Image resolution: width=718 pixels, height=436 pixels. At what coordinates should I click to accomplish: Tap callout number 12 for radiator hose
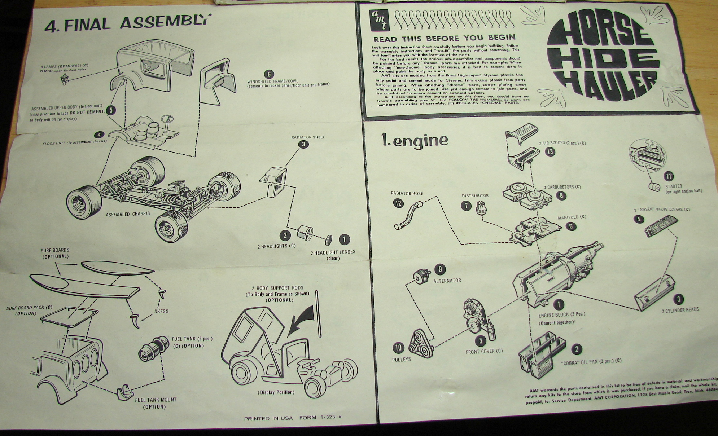click(x=398, y=203)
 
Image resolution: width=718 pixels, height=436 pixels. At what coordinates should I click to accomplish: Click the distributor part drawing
click(x=480, y=208)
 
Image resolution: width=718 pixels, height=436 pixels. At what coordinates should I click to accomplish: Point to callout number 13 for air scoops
click(x=550, y=152)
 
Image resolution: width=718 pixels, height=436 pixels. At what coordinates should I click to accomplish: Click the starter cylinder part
click(x=654, y=187)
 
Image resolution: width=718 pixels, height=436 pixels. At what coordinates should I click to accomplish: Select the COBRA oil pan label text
click(x=591, y=361)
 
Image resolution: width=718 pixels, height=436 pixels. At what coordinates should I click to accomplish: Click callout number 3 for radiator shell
click(x=303, y=144)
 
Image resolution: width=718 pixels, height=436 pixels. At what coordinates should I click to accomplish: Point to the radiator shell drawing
click(x=273, y=181)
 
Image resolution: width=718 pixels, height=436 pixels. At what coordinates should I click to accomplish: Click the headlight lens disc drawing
click(x=328, y=239)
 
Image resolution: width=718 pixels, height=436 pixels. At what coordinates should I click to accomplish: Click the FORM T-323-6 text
click(x=320, y=418)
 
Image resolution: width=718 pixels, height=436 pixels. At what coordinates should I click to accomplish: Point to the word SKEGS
click(x=161, y=311)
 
